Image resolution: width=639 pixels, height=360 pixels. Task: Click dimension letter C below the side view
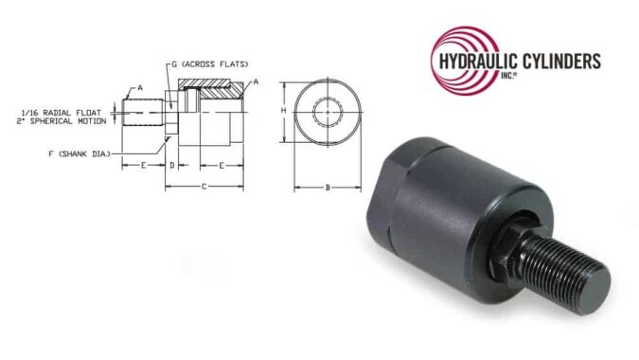[x=204, y=187]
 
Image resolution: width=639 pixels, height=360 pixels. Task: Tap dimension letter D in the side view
[x=171, y=165]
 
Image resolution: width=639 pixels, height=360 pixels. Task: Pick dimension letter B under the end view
[x=328, y=188]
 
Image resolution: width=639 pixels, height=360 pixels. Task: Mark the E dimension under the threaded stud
[x=143, y=165]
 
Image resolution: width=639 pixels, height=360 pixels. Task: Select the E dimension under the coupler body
[x=222, y=165]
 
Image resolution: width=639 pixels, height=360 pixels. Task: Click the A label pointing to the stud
[x=140, y=87]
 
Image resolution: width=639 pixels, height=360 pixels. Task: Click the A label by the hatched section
[x=256, y=83]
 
